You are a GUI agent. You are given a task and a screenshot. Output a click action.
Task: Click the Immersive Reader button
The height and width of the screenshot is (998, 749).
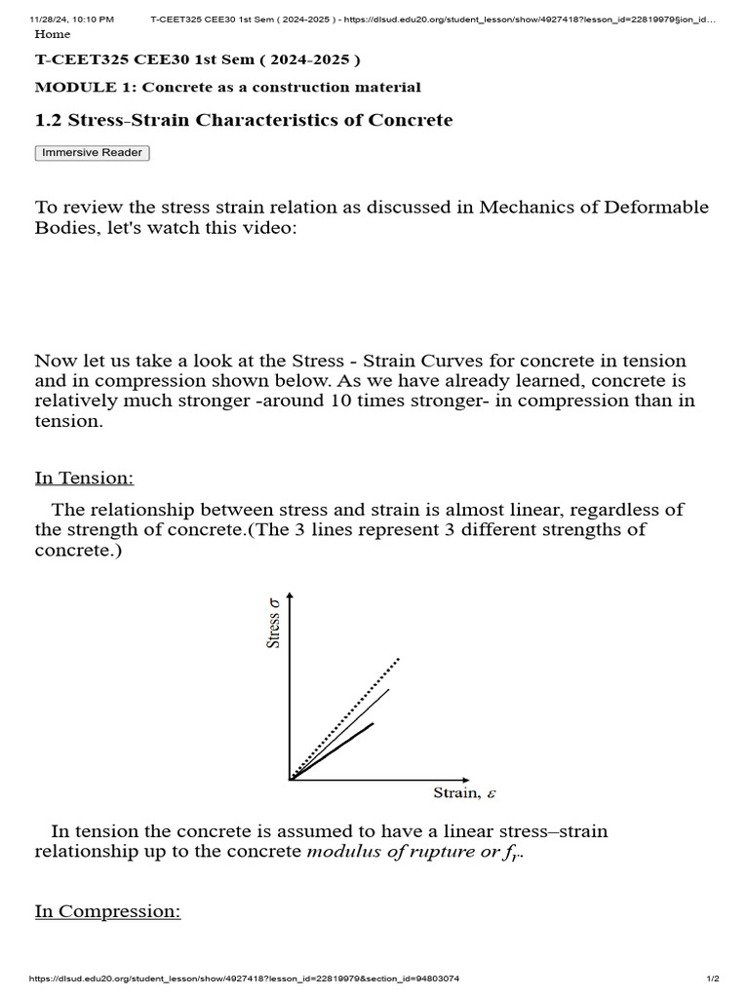click(93, 153)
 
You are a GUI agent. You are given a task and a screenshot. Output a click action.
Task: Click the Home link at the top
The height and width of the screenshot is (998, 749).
click(52, 34)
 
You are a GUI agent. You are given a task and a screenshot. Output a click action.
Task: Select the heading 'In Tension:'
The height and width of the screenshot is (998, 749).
click(84, 478)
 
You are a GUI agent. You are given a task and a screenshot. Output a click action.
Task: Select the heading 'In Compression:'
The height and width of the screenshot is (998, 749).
click(107, 911)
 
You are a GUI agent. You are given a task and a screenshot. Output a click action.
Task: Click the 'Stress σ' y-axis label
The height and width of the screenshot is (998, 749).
click(274, 625)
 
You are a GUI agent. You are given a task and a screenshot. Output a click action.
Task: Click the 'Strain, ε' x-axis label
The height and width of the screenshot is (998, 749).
click(464, 793)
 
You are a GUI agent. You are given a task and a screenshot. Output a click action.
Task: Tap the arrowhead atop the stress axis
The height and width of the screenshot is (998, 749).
click(290, 596)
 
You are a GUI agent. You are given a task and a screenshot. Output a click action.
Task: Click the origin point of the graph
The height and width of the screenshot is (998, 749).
click(291, 780)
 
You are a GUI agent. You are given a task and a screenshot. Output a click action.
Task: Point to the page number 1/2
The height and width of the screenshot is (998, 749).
click(713, 979)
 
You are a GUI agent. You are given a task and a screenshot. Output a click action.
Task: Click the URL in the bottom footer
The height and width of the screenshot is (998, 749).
click(245, 979)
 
